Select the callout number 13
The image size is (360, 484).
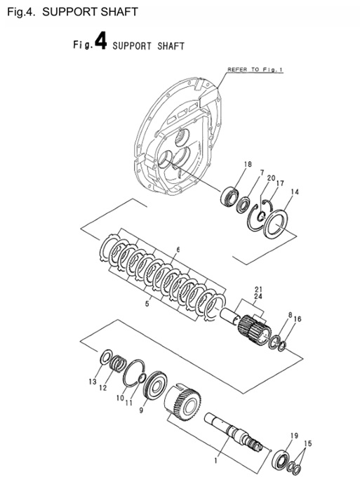[x=91, y=382]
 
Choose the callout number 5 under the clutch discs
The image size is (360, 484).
[x=146, y=304]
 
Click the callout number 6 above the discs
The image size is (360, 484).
[x=178, y=250]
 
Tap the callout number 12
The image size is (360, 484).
[x=102, y=388]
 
